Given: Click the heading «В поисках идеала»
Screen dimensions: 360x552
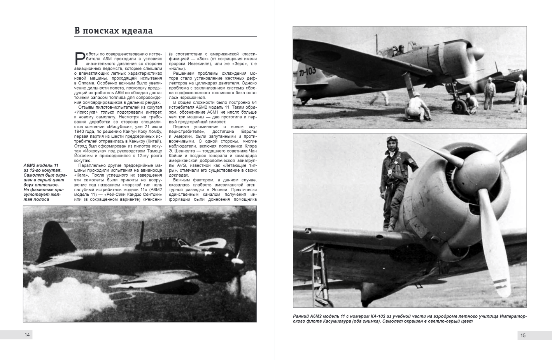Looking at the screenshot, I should click(114, 31).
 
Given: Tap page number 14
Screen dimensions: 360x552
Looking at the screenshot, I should click(27, 335).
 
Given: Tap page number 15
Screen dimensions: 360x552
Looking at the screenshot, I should click(523, 335).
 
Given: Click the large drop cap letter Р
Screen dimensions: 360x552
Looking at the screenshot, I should click(80, 58).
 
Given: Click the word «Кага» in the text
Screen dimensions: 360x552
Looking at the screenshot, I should click(81, 175).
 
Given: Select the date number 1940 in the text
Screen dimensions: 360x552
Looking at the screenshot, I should click(79, 132).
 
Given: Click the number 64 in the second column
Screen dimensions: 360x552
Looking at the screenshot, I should click(254, 102).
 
